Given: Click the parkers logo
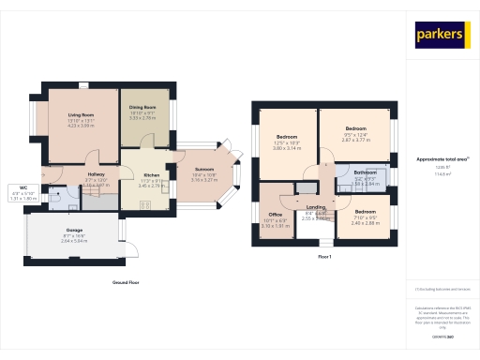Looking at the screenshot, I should [442, 36].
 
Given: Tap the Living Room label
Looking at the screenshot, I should [81, 114].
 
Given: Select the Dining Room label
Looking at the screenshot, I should [142, 108].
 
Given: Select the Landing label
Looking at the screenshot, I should [316, 207].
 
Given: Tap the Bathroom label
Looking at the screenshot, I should [365, 173].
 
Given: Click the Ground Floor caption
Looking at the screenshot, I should [126, 281].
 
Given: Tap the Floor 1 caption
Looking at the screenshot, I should [325, 256].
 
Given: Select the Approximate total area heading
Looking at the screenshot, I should [442, 159].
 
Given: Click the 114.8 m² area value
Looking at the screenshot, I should [442, 173].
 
